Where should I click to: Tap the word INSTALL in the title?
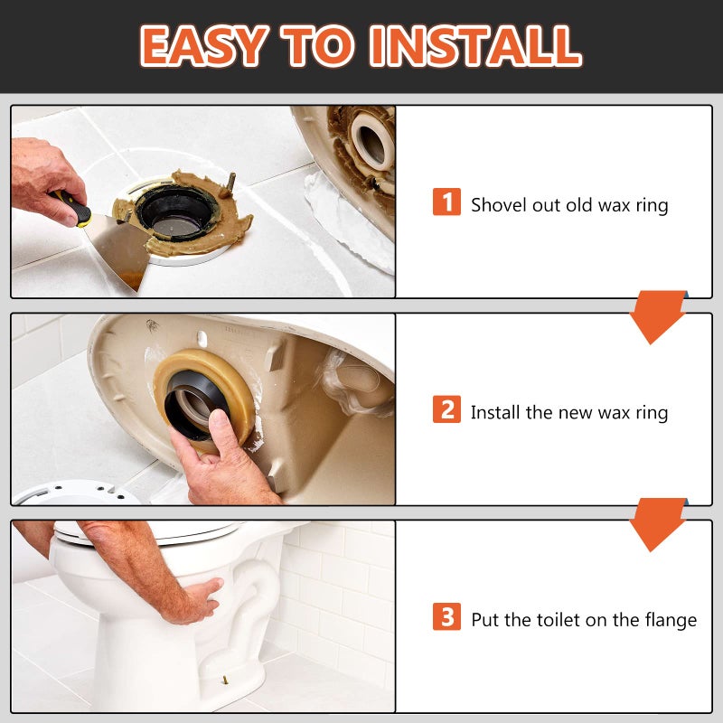(475, 46)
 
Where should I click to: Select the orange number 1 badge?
(446, 202)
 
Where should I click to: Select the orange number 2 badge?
(446, 409)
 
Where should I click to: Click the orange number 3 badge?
(446, 616)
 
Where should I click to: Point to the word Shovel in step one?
(499, 205)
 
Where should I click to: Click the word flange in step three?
(671, 620)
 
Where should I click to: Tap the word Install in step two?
(495, 412)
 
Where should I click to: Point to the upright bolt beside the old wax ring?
(230, 183)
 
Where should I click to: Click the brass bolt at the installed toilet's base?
(225, 680)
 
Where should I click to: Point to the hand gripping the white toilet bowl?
(196, 599)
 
